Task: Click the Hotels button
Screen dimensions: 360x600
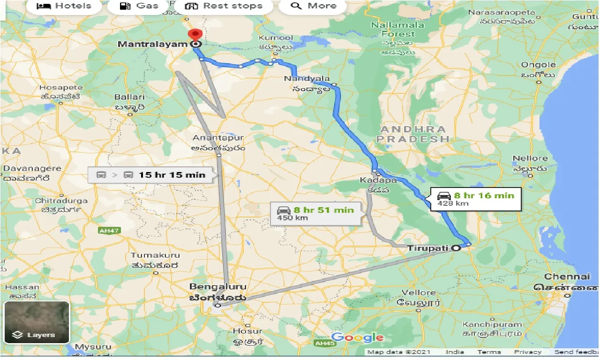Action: [x=64, y=6]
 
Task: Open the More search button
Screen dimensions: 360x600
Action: [x=313, y=6]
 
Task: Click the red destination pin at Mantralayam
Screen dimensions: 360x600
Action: [x=195, y=35]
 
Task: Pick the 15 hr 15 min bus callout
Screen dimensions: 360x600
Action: [x=153, y=175]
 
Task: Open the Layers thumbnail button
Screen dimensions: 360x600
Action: [x=37, y=322]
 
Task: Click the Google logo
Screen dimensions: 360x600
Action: [x=357, y=337]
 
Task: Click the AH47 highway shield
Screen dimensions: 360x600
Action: [x=109, y=231]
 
